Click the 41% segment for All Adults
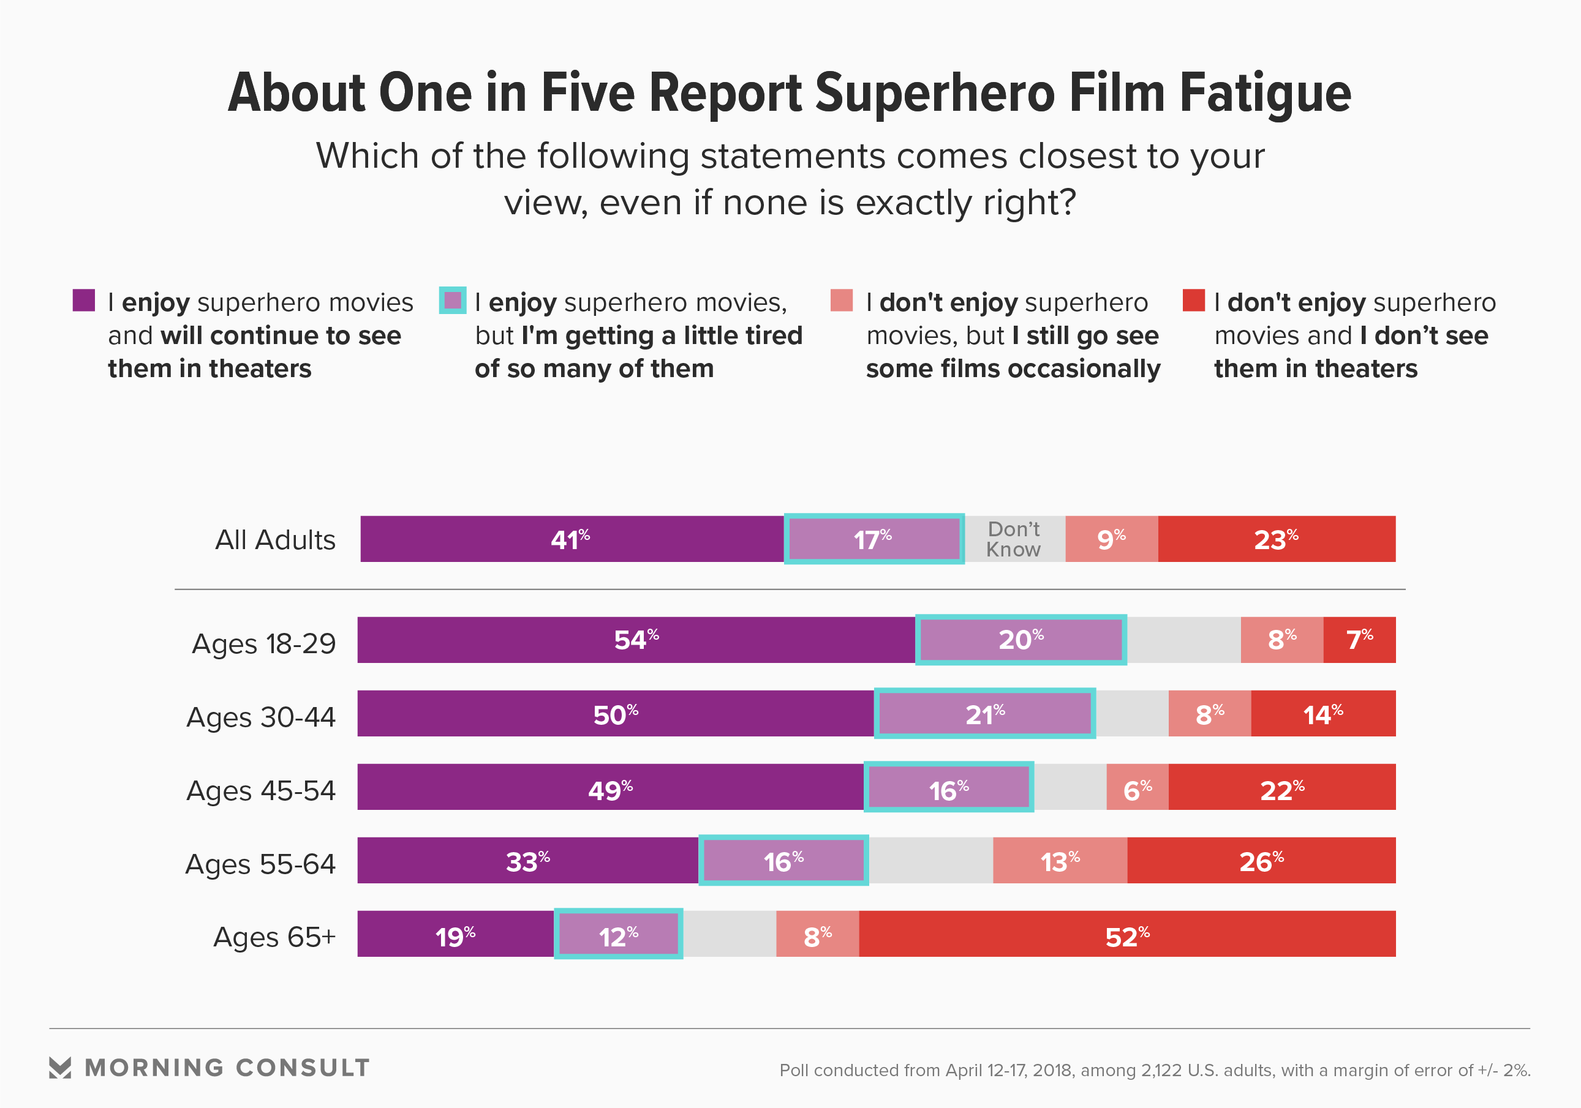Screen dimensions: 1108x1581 pyautogui.click(x=572, y=539)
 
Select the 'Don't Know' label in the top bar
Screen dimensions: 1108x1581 pyautogui.click(x=1013, y=539)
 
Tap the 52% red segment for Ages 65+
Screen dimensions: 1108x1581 pyautogui.click(x=1127, y=934)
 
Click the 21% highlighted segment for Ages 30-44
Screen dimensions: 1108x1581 pyautogui.click(x=985, y=714)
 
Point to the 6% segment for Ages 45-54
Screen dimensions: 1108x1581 pyautogui.click(x=1137, y=787)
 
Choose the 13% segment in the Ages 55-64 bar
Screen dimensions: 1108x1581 pyautogui.click(x=1060, y=860)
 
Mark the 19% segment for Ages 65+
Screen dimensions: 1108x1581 pyautogui.click(x=455, y=934)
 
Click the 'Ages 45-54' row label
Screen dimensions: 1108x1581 pyautogui.click(x=261, y=790)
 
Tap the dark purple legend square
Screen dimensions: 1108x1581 pyautogui.click(x=84, y=301)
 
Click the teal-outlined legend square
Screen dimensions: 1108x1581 pyautogui.click(x=453, y=301)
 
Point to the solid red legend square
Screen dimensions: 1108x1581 pyautogui.click(x=1193, y=301)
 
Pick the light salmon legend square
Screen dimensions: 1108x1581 pyautogui.click(x=842, y=301)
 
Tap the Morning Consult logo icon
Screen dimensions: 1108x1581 pyautogui.click(x=60, y=1068)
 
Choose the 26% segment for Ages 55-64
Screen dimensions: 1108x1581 pyautogui.click(x=1261, y=860)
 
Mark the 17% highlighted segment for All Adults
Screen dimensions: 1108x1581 pyautogui.click(x=873, y=539)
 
